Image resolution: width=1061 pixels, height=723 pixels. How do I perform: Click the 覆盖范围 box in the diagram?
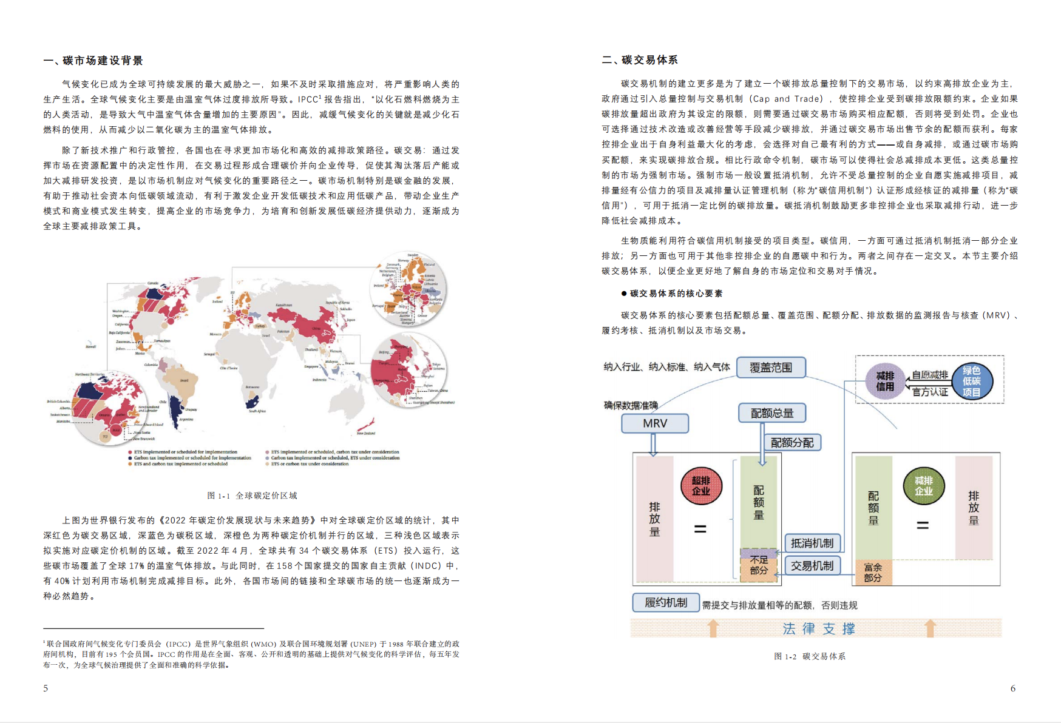(x=771, y=368)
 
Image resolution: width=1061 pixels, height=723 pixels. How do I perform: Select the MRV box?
(x=655, y=423)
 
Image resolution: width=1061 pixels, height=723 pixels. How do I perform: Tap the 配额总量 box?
(x=772, y=413)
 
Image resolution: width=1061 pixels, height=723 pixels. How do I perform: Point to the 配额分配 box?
(x=792, y=443)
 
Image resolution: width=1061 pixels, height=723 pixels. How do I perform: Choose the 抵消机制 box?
(x=812, y=543)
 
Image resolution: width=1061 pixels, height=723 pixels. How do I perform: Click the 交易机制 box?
(x=812, y=565)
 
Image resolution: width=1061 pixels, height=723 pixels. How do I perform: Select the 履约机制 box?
(x=666, y=602)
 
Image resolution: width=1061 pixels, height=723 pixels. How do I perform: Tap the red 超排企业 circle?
(x=701, y=486)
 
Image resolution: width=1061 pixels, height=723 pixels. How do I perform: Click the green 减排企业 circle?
(x=923, y=486)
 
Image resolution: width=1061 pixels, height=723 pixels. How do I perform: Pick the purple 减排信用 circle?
(x=885, y=381)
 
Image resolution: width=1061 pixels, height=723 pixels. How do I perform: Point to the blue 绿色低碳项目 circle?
(x=971, y=381)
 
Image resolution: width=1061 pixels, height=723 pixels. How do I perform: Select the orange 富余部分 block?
(x=873, y=572)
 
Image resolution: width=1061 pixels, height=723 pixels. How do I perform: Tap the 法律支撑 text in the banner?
(x=819, y=628)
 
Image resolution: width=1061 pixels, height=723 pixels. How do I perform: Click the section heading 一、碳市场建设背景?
(x=93, y=61)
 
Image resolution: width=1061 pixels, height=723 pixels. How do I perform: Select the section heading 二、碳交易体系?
(x=640, y=60)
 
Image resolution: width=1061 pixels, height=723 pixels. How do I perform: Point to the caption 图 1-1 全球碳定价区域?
(x=252, y=496)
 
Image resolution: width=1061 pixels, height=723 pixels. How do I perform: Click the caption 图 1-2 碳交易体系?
(x=810, y=656)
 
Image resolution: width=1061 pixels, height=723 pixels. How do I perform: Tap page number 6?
(x=1012, y=688)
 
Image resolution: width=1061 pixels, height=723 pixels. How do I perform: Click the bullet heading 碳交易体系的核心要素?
(x=676, y=294)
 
